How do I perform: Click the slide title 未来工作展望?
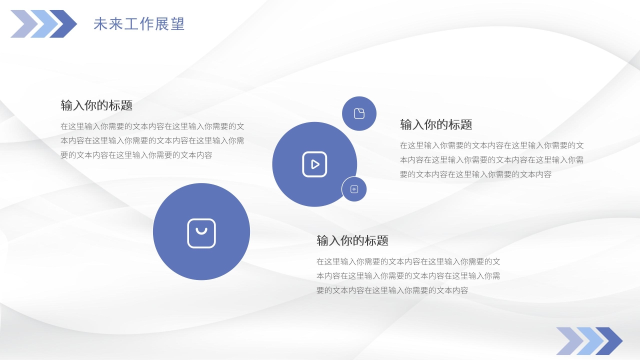pos(139,23)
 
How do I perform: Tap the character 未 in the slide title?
pos(100,23)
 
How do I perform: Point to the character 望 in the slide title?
pos(178,23)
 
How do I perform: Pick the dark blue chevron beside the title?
pos(63,23)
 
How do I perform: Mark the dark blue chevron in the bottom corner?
pos(609,341)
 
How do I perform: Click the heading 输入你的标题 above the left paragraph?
pos(96,105)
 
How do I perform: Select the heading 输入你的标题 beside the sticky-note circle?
pos(436,124)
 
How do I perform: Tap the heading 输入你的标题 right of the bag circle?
pos(352,240)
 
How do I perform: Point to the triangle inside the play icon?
pos(315,164)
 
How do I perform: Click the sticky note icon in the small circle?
pos(359,113)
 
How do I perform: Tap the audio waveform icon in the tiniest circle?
pos(354,189)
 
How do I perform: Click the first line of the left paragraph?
pos(152,126)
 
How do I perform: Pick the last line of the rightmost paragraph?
pos(475,174)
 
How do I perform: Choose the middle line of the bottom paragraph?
pos(408,276)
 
